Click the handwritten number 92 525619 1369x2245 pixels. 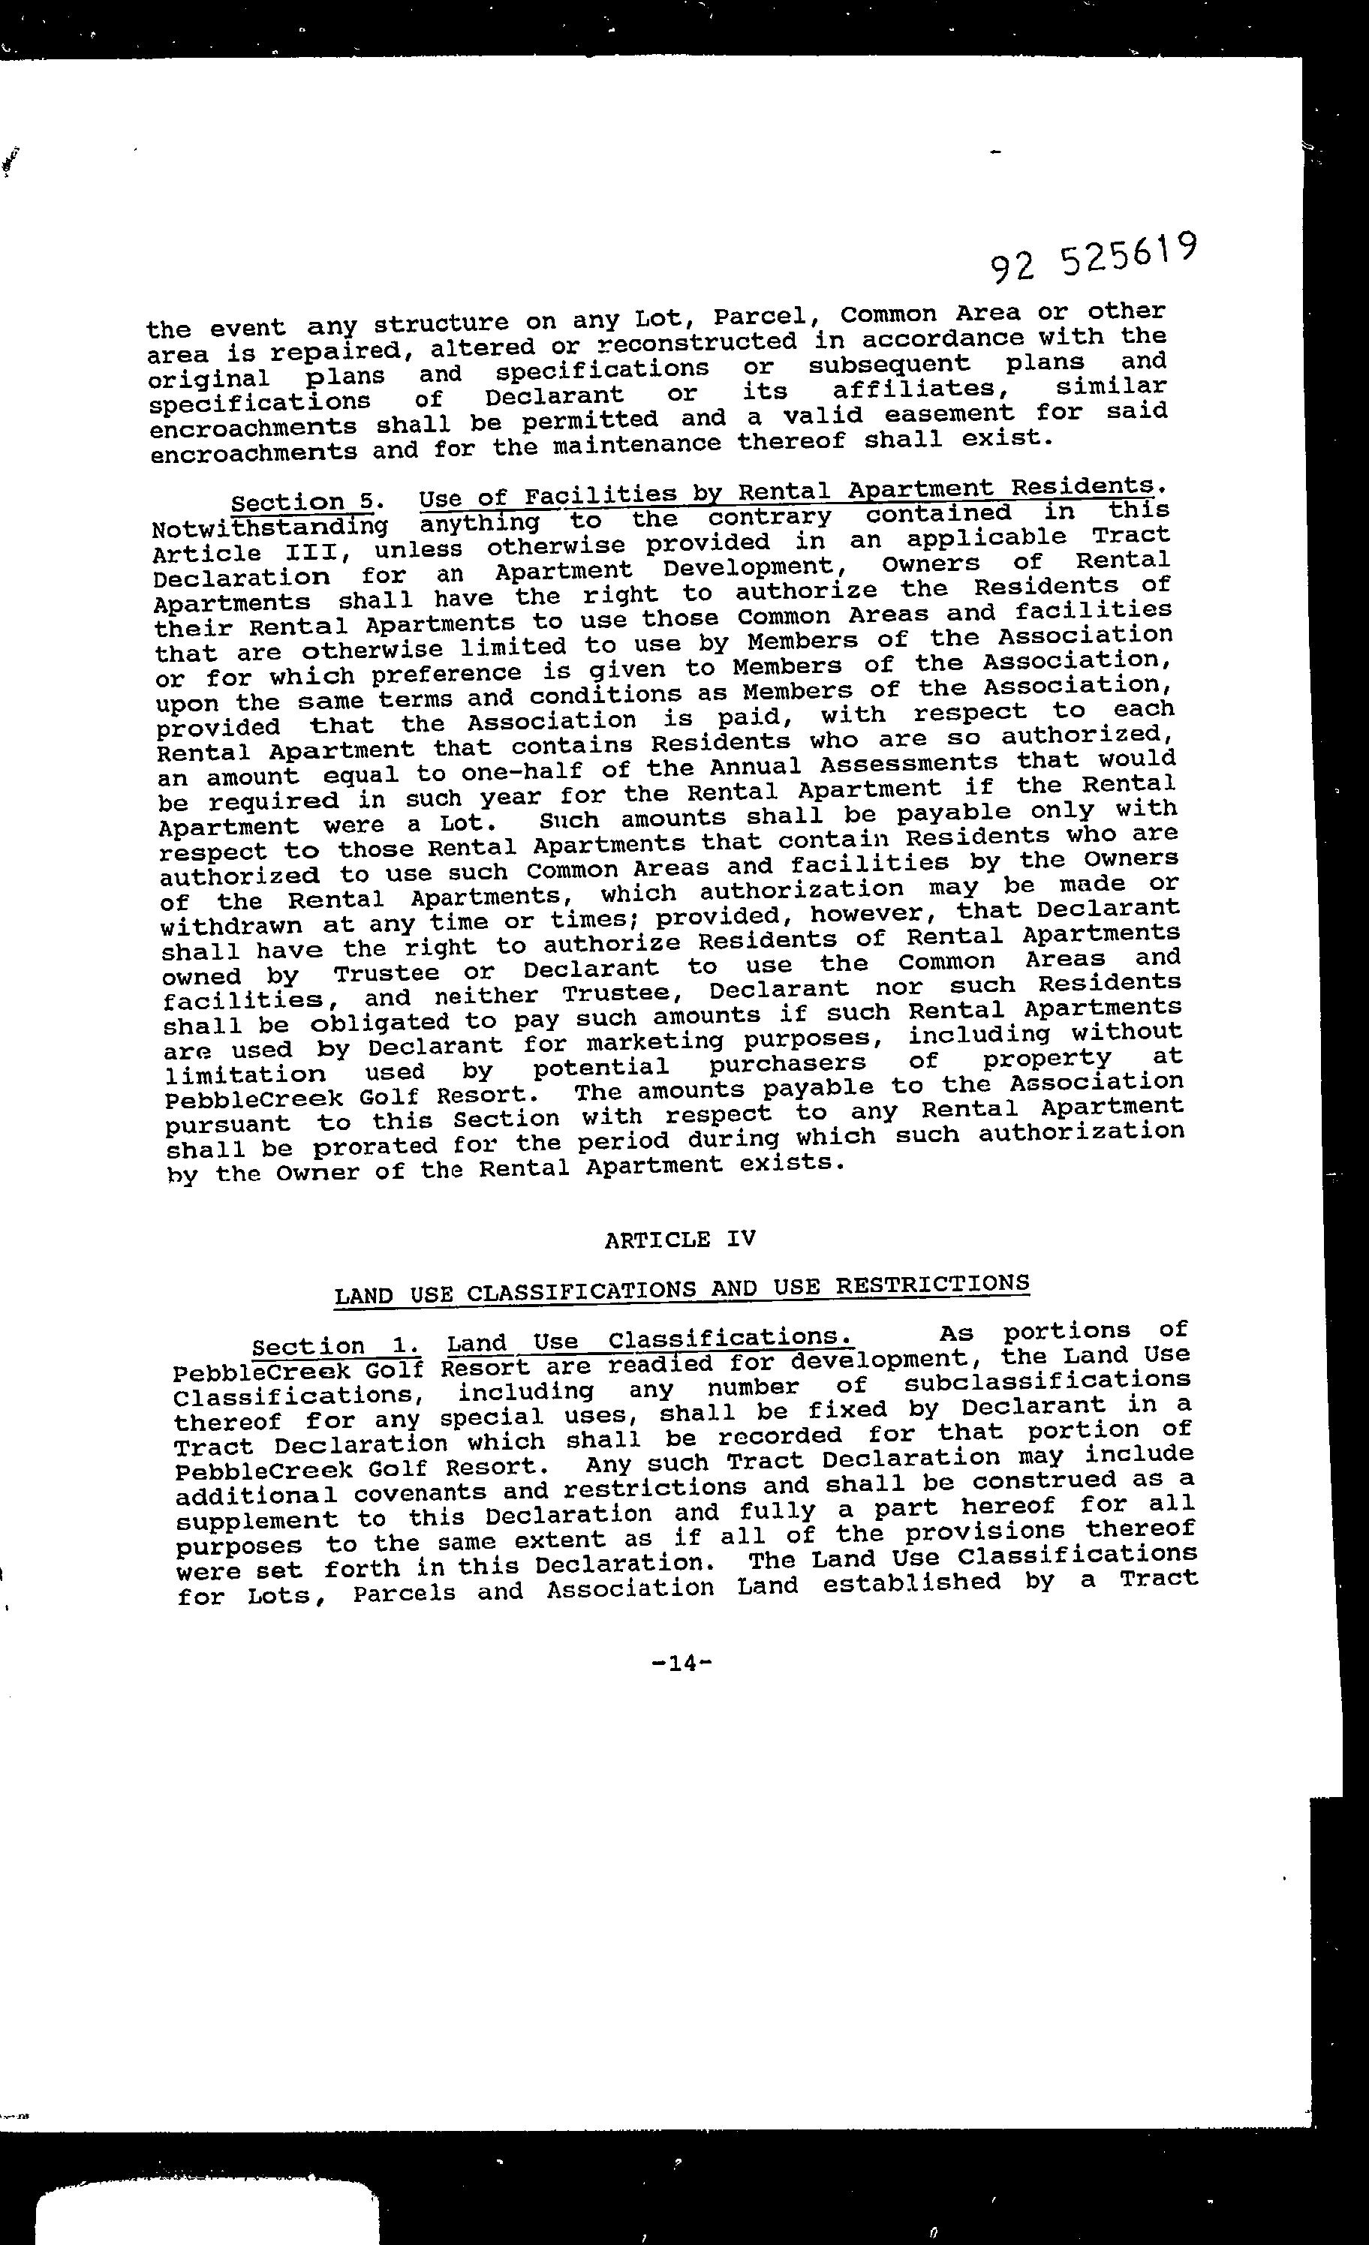[1093, 256]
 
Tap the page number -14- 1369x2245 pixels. [681, 1663]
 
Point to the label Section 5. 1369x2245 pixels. [302, 502]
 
